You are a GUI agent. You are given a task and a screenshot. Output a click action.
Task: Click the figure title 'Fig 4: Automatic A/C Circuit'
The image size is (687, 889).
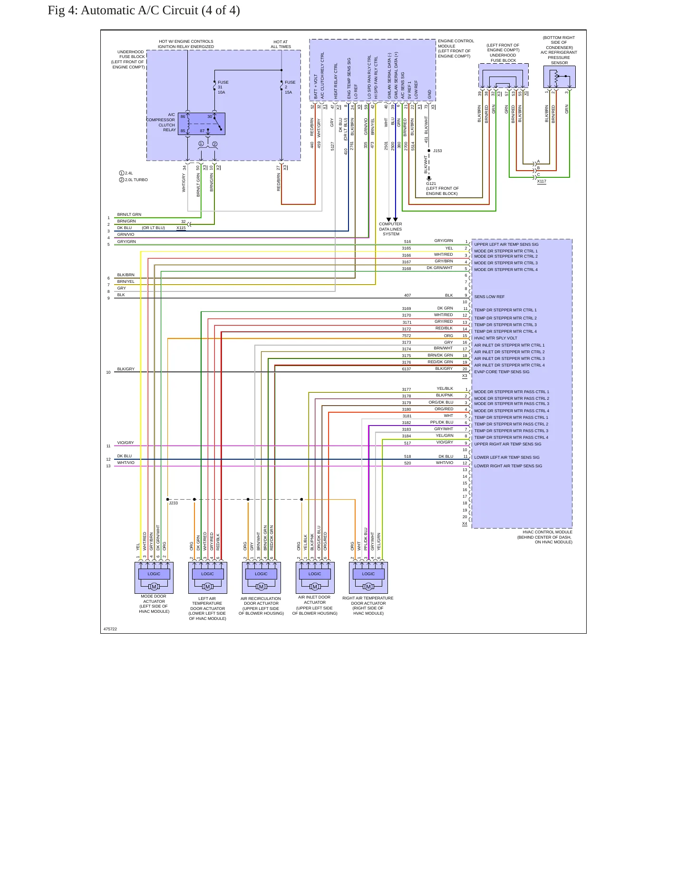[x=123, y=10]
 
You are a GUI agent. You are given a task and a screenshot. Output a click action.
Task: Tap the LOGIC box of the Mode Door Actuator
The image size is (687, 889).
[x=154, y=574]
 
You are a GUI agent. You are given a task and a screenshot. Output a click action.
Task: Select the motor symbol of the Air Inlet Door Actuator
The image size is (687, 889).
[x=315, y=587]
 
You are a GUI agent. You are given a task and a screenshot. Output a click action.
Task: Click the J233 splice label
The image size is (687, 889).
[x=174, y=503]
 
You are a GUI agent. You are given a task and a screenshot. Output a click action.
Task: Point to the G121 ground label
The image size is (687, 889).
[x=431, y=184]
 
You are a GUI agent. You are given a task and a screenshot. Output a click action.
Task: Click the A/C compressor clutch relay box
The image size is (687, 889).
[x=202, y=124]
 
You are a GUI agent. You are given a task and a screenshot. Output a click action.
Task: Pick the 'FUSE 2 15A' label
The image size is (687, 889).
[x=290, y=87]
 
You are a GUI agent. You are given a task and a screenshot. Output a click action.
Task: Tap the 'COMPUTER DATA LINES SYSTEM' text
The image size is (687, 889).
[x=391, y=229]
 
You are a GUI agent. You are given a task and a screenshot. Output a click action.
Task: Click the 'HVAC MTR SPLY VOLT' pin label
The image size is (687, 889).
[x=495, y=338]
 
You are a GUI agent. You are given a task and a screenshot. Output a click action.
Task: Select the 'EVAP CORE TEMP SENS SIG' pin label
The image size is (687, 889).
[x=502, y=372]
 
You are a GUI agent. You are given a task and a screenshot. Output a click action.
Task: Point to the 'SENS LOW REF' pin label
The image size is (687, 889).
[x=489, y=297]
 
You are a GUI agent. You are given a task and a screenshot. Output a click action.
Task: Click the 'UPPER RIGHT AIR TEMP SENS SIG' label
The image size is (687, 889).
[x=508, y=444]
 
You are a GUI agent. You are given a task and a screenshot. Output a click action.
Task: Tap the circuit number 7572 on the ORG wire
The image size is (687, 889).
[x=406, y=336]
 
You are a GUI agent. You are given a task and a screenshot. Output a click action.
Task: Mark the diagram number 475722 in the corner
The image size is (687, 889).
[x=110, y=629]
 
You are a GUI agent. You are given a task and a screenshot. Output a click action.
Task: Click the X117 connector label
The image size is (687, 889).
[x=542, y=181]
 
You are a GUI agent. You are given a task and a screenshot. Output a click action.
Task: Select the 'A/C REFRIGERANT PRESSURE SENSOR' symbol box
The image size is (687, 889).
[x=560, y=77]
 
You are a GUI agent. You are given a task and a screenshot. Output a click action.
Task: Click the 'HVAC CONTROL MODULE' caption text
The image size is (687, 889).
[x=548, y=532]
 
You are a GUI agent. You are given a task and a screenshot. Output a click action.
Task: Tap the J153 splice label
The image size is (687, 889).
[x=437, y=151]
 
